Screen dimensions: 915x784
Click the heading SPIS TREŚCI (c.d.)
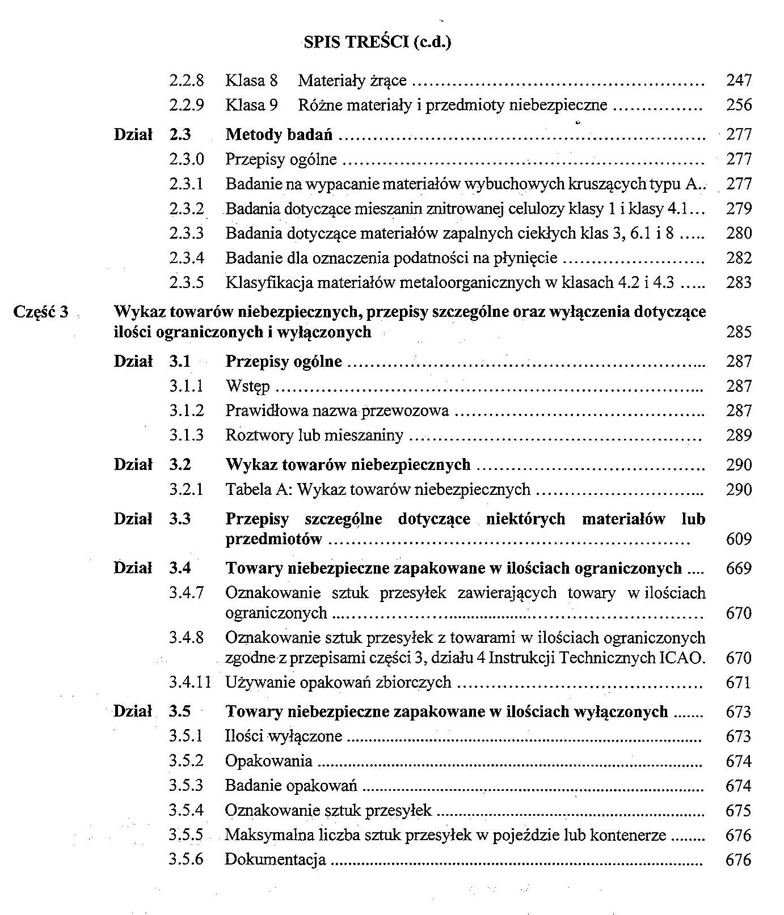377,43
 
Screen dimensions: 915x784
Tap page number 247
739,81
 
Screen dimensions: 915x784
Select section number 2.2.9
186,105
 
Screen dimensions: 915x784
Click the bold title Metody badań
279,135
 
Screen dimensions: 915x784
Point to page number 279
739,209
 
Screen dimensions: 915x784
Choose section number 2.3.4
186,258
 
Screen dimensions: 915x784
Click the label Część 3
41,312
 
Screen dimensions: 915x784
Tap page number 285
739,332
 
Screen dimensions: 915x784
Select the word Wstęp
248,387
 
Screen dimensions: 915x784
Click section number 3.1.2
186,410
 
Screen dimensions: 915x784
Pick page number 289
739,435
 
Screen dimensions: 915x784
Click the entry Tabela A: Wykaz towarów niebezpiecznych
378,489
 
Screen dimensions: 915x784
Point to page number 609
739,539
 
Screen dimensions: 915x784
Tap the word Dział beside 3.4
133,568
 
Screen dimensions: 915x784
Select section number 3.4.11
189,682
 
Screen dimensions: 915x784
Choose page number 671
738,682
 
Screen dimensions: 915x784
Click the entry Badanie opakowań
291,786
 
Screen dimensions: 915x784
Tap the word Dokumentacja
276,859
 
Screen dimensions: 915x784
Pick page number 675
738,811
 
